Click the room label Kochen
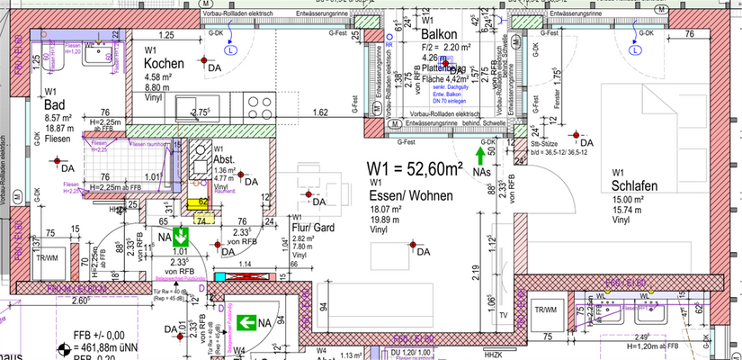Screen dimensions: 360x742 [165, 64]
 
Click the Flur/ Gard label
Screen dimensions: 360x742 [314, 229]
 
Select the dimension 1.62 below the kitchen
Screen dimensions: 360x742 [319, 112]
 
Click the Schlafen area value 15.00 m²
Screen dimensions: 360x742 [627, 200]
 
